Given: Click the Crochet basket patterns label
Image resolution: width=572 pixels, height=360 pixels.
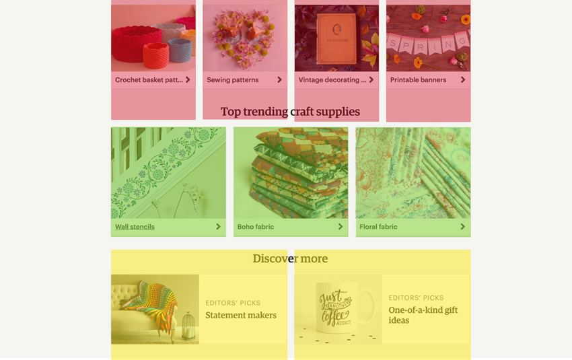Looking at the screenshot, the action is [x=149, y=80].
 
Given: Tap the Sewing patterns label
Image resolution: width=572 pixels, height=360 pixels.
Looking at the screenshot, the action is [x=232, y=80].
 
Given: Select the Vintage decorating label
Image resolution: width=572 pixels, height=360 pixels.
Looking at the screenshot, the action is [x=332, y=80].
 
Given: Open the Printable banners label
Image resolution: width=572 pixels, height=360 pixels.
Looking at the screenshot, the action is [x=418, y=80].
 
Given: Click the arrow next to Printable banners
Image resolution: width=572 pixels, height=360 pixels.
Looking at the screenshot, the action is [x=462, y=79].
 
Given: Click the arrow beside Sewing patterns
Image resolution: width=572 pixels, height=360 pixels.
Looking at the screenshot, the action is [x=279, y=79].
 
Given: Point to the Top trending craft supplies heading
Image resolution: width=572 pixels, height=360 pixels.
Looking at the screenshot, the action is [x=291, y=112].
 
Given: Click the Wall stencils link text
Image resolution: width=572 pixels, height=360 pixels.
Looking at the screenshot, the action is [x=135, y=227].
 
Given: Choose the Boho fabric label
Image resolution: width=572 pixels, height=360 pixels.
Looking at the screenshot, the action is [x=255, y=227].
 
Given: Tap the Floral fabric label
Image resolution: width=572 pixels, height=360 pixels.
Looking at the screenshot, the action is [x=378, y=227].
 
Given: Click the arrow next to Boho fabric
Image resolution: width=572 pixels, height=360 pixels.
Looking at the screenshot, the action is [x=341, y=227].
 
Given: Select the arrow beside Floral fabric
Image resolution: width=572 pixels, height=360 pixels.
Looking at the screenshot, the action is [x=462, y=227].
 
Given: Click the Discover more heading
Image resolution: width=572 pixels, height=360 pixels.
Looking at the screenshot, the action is [x=291, y=258].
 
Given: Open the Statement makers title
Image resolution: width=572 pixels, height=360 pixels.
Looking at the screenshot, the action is [x=241, y=315].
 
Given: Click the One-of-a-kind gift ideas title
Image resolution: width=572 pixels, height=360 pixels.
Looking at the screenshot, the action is [x=423, y=315].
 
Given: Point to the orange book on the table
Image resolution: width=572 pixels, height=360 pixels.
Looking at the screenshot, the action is [x=336, y=38].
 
